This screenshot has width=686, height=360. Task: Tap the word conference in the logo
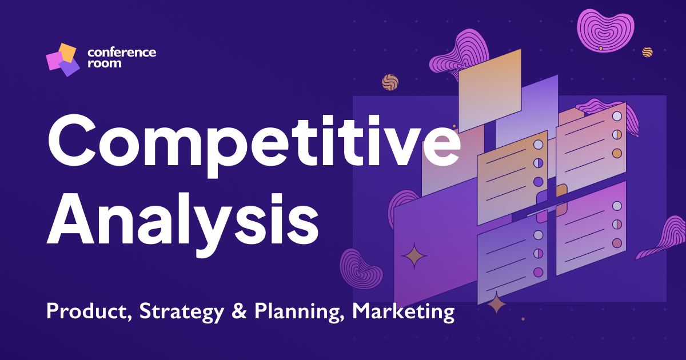coord(121,52)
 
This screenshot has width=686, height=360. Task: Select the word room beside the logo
coord(104,63)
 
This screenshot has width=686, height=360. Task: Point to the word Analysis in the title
coord(182,218)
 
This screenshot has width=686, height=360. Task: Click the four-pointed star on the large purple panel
coord(414,256)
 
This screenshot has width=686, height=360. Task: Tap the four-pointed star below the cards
coord(496,303)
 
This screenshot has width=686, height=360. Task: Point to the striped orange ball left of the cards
coord(390,82)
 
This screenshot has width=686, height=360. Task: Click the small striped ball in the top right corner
coord(647,52)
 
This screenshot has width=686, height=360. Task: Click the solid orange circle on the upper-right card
coord(617,153)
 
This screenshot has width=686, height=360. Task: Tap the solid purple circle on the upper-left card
coord(538,182)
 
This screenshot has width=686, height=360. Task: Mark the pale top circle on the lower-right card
coord(617,206)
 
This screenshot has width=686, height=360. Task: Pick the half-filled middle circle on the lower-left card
coord(538,253)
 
